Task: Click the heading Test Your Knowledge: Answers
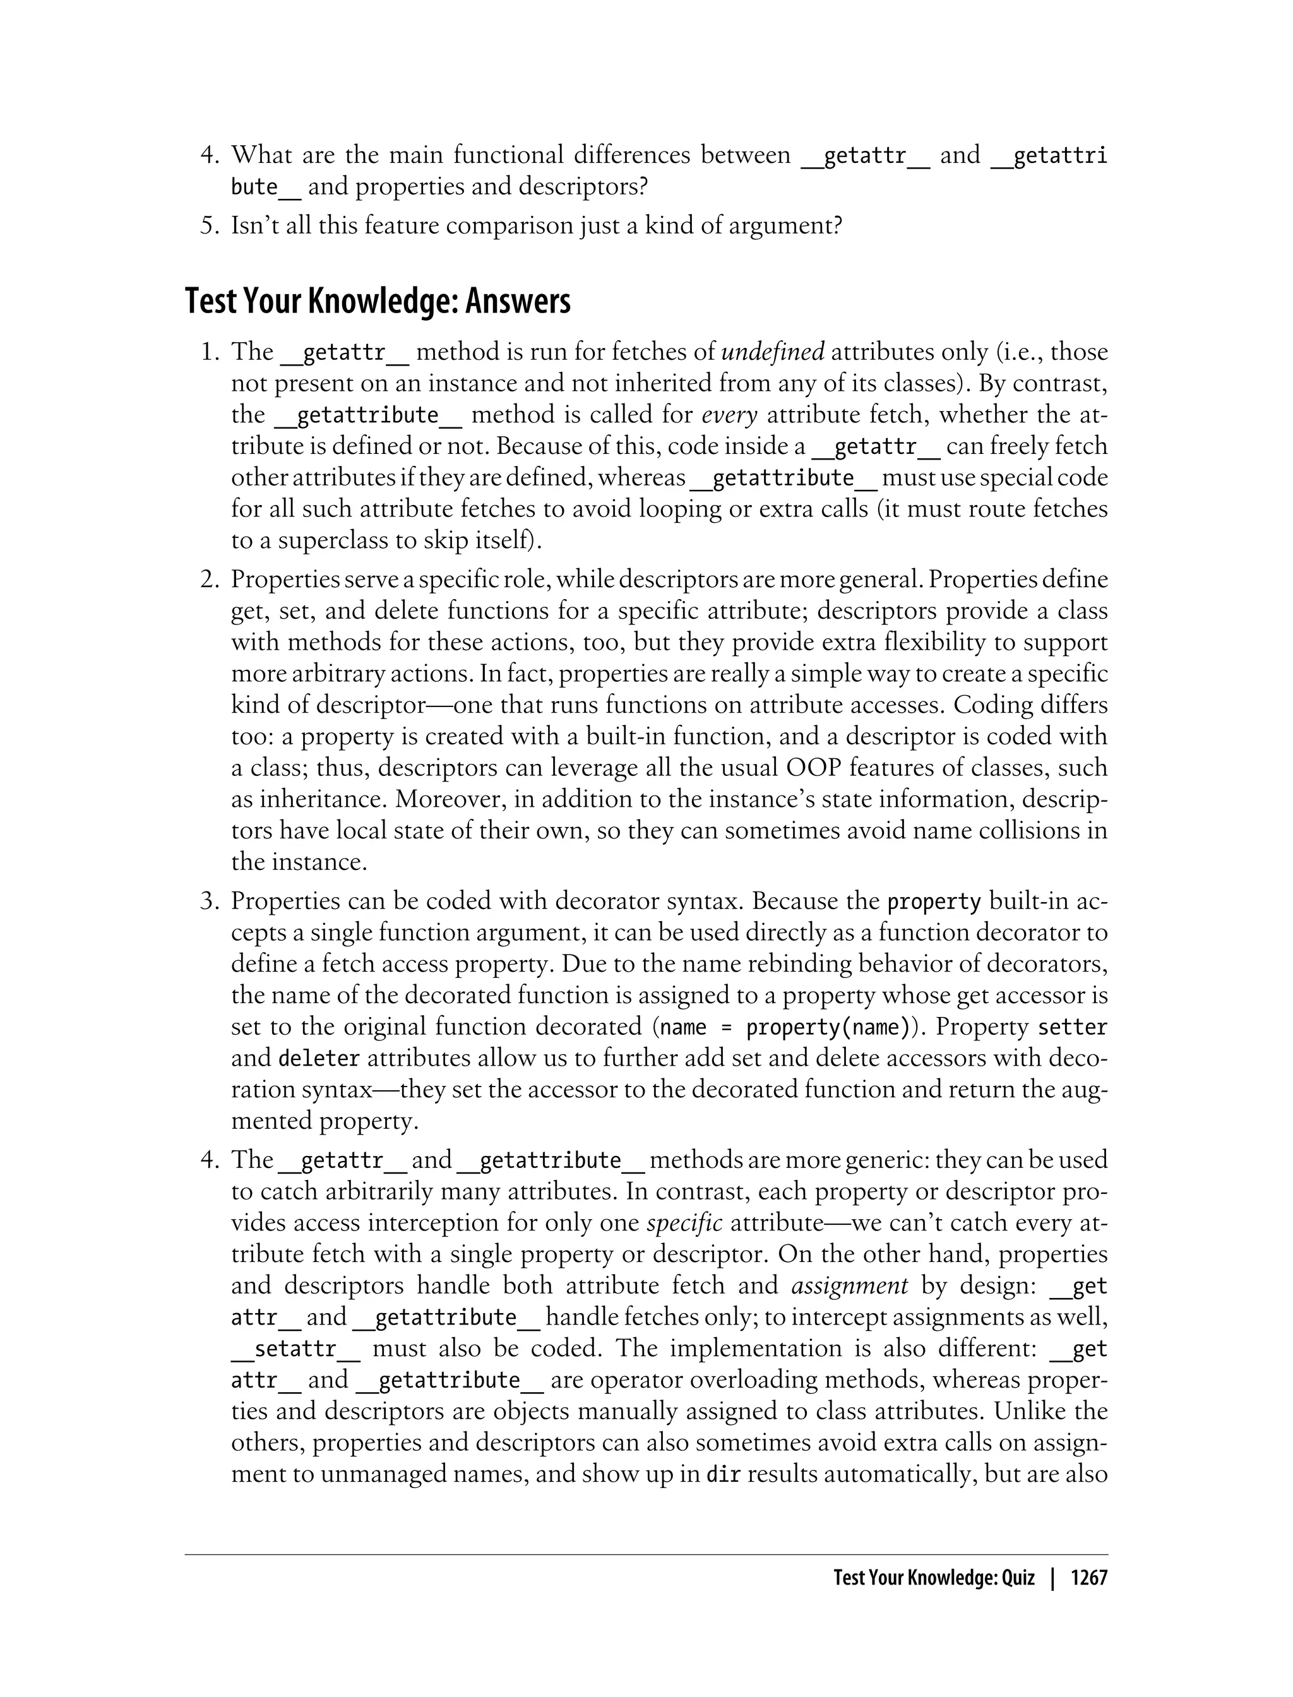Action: click(378, 302)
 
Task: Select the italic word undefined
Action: click(773, 352)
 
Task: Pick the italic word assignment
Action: click(850, 1286)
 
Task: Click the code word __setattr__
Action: click(295, 1349)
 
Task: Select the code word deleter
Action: click(319, 1059)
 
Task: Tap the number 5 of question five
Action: click(206, 226)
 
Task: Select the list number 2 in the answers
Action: click(206, 580)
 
